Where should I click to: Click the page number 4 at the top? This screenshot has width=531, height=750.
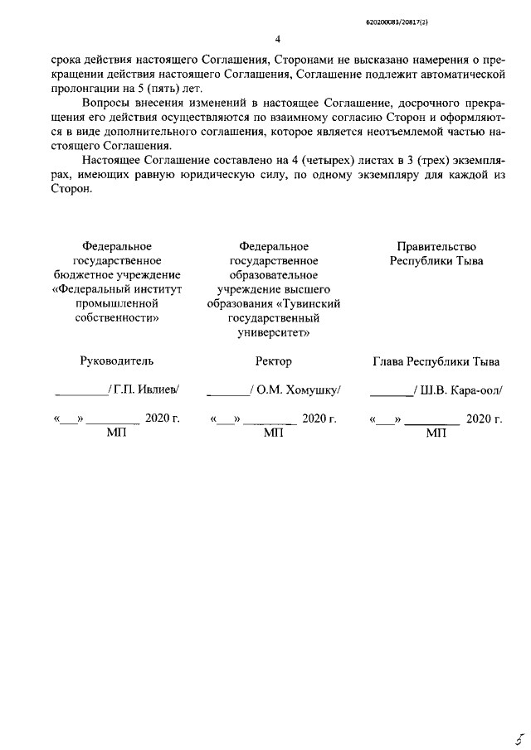pyautogui.click(x=277, y=39)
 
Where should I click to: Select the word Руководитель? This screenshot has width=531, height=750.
pyautogui.click(x=116, y=361)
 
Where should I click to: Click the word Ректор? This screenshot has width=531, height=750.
pyautogui.click(x=274, y=361)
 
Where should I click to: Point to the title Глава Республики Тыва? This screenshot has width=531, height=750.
pyautogui.click(x=435, y=361)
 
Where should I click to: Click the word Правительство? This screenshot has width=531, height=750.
pyautogui.click(x=436, y=246)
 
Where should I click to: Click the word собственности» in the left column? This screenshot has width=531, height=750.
pyautogui.click(x=116, y=317)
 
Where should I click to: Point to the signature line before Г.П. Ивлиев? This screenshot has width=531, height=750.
pyautogui.click(x=80, y=394)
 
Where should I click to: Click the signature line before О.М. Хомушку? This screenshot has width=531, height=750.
pyautogui.click(x=228, y=394)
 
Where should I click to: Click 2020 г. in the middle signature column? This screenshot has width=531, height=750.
pyautogui.click(x=319, y=419)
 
